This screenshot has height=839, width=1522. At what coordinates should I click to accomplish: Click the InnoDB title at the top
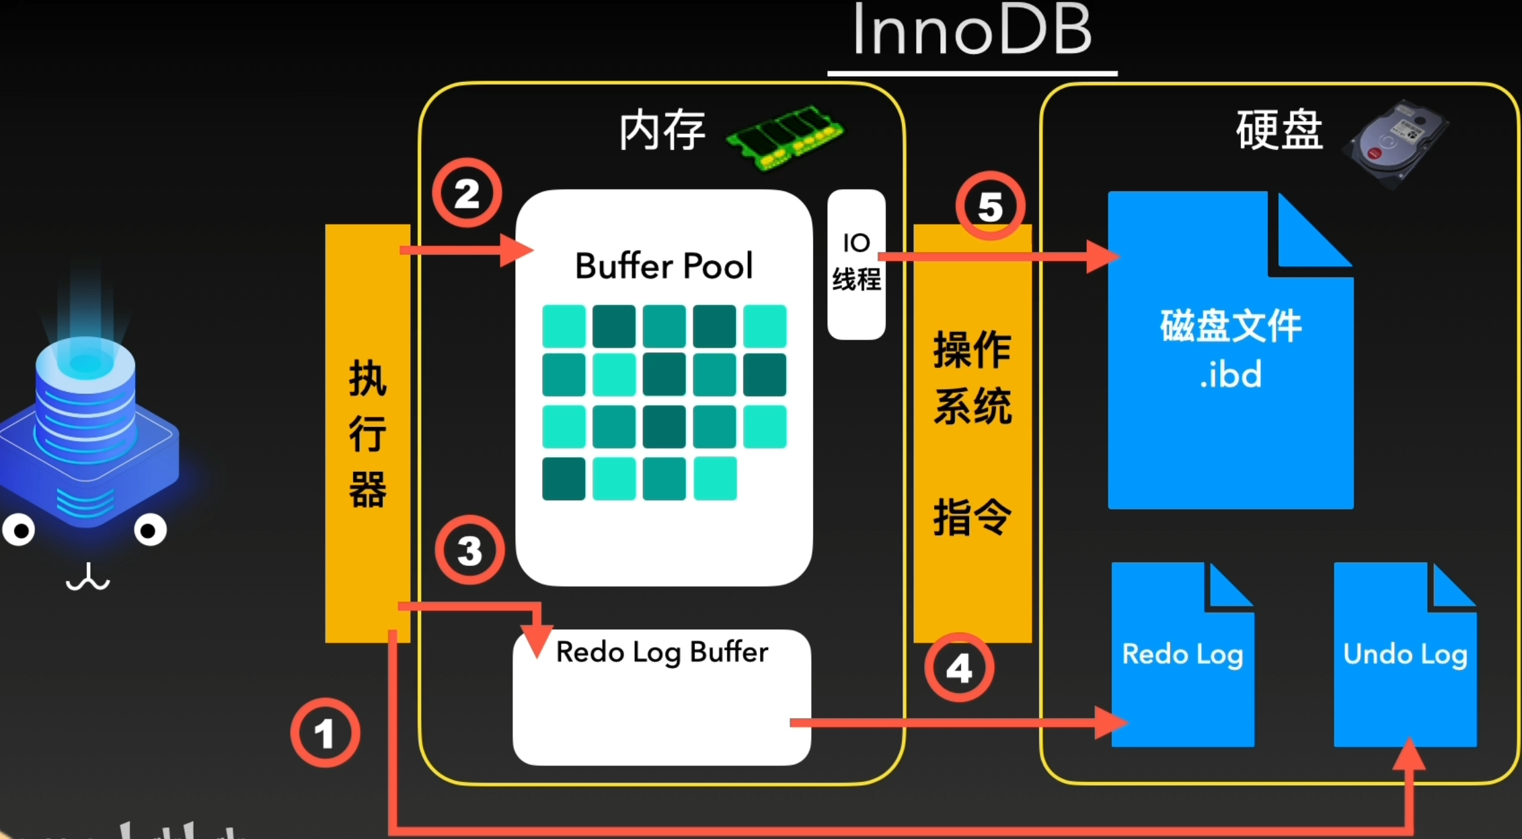[972, 30]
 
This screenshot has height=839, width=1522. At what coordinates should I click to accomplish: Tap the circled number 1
[325, 733]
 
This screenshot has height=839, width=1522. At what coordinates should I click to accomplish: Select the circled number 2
[467, 194]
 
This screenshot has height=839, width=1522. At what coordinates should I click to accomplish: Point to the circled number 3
[469, 550]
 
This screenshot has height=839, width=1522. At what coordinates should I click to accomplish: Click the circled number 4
[959, 668]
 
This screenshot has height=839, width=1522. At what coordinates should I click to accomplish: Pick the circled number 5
[990, 206]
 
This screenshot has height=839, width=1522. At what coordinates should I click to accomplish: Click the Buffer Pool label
[664, 266]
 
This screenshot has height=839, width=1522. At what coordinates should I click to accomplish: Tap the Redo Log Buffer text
[662, 652]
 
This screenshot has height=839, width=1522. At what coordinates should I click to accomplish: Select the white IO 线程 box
[856, 264]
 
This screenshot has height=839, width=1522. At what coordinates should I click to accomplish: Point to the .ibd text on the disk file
[1230, 375]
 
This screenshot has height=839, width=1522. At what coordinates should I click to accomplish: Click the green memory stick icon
[784, 138]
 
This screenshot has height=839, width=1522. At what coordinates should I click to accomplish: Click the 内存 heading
[662, 130]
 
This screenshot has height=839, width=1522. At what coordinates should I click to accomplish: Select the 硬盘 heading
[1279, 130]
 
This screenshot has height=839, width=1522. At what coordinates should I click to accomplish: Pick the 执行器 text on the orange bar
[367, 434]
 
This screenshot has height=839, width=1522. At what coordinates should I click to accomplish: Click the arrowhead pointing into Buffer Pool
[518, 250]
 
